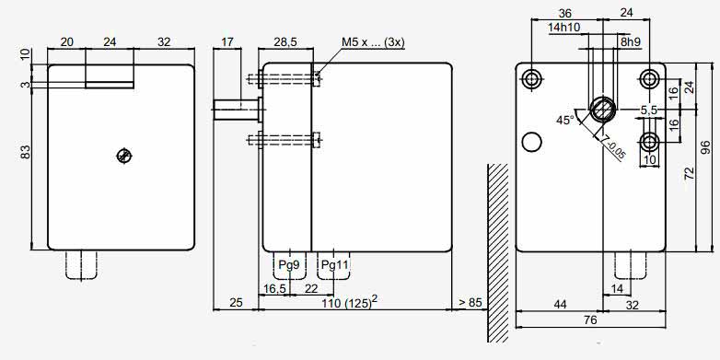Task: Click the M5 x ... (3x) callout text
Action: pyautogui.click(x=373, y=42)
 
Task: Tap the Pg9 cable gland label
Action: pyautogui.click(x=289, y=265)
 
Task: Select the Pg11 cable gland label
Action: pyautogui.click(x=335, y=265)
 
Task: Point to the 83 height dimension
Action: pyautogui.click(x=26, y=152)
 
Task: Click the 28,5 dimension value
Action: pyautogui.click(x=285, y=42)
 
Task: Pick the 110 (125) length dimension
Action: pyautogui.click(x=350, y=303)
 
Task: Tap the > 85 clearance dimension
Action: pyautogui.click(x=470, y=303)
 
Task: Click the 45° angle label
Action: pyautogui.click(x=565, y=121)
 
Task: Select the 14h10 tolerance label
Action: pyautogui.click(x=563, y=28)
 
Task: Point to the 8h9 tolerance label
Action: pyautogui.click(x=631, y=41)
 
